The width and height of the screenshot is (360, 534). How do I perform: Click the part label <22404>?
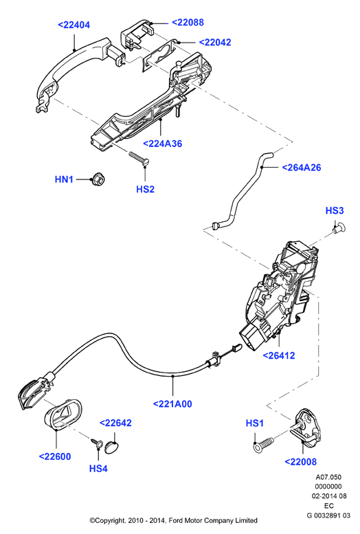click(x=74, y=25)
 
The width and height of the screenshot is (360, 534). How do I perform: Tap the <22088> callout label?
click(x=188, y=23)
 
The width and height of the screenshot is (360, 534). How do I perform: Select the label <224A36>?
click(x=162, y=144)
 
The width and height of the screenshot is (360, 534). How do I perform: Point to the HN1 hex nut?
click(x=98, y=179)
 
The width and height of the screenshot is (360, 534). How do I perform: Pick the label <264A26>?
click(x=302, y=167)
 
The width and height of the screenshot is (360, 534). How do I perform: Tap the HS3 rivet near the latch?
click(x=339, y=228)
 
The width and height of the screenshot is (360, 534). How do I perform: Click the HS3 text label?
click(x=335, y=210)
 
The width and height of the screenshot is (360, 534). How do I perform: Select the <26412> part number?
click(x=279, y=355)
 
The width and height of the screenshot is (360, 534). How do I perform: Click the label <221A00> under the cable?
click(x=172, y=404)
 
